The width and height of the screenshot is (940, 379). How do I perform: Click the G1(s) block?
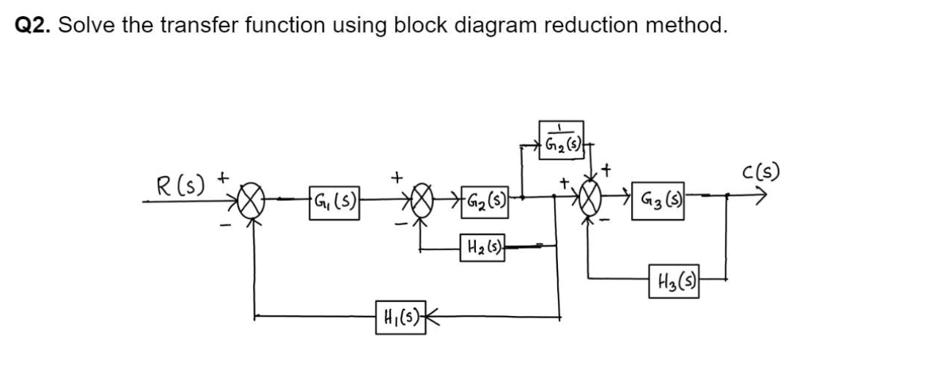click(334, 199)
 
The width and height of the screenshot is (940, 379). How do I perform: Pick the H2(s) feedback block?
click(481, 247)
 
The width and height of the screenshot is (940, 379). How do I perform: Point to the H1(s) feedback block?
click(399, 318)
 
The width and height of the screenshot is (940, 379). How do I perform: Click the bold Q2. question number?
click(33, 26)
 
